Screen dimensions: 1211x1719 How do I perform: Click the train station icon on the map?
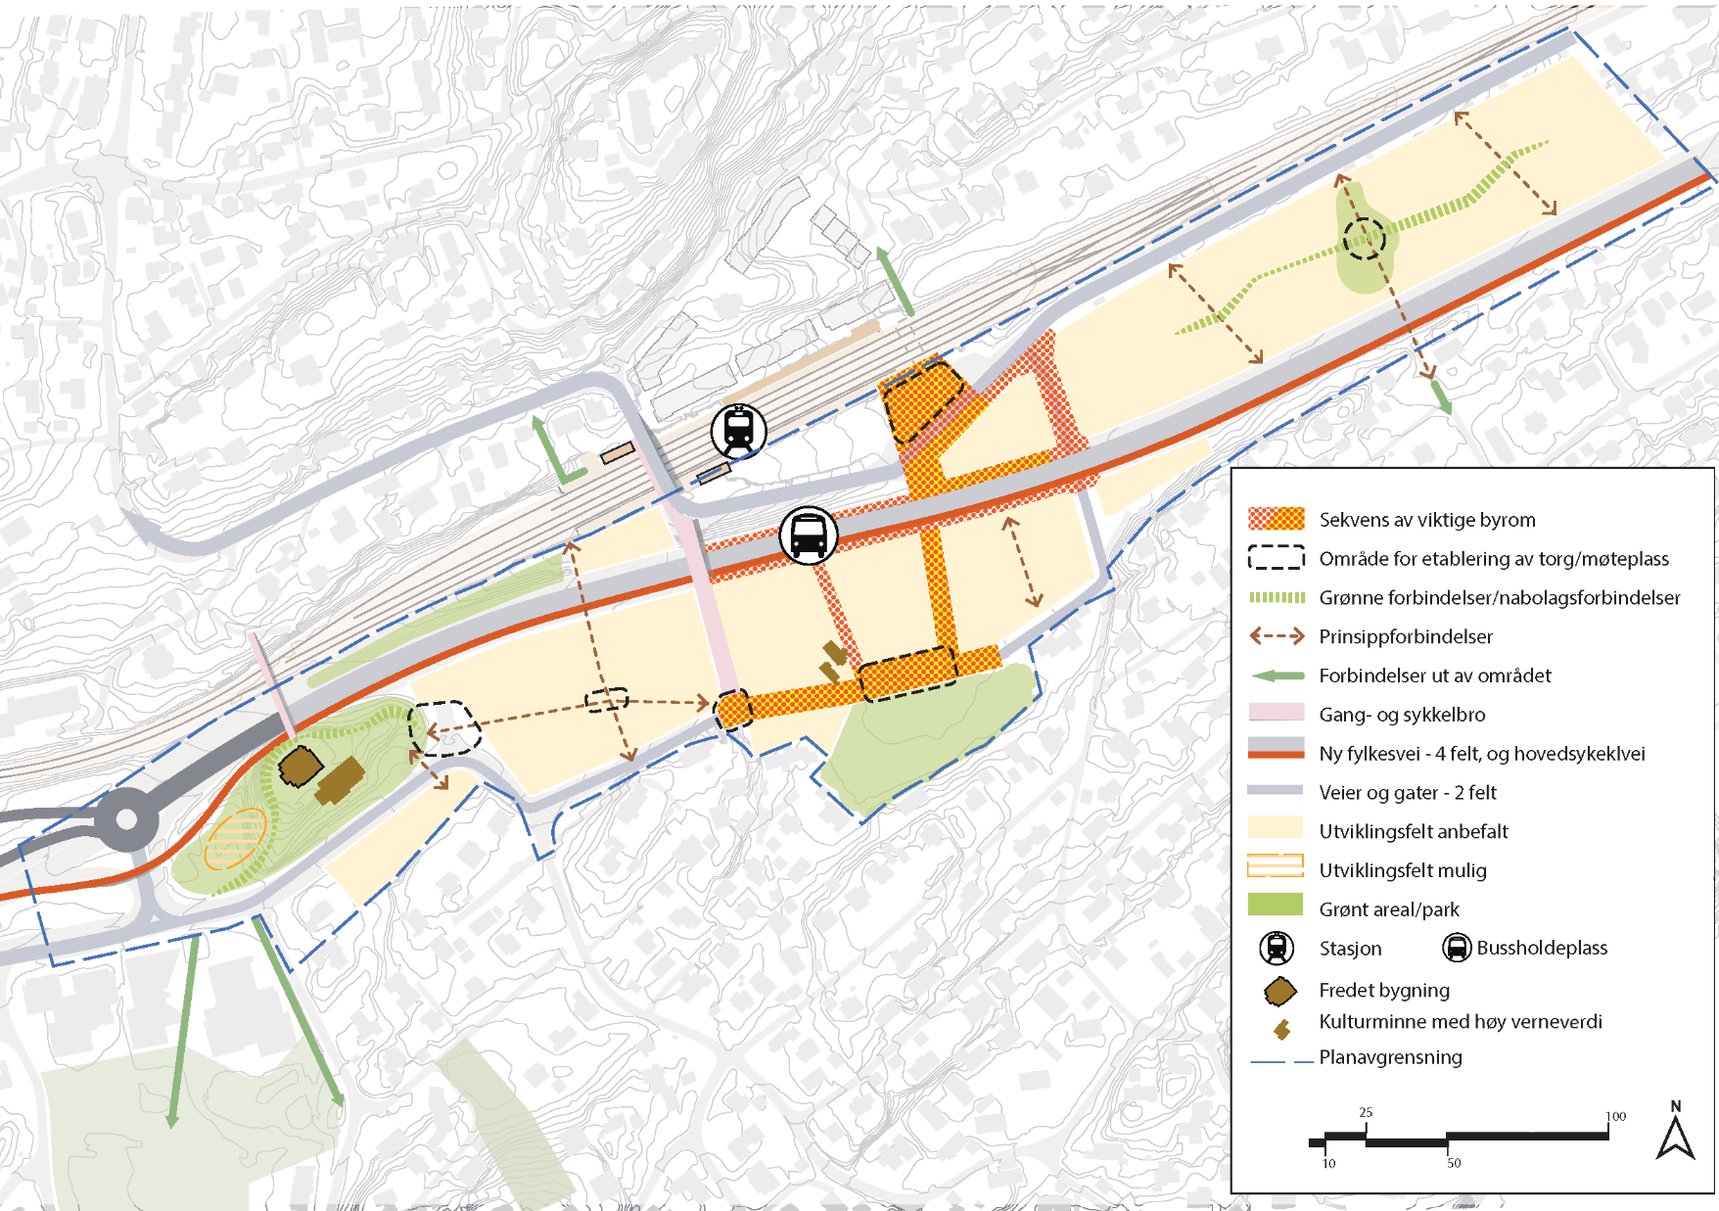tap(738, 431)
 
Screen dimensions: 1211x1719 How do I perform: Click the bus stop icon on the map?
tap(809, 536)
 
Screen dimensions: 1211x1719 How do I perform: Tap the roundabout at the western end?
tap(126, 820)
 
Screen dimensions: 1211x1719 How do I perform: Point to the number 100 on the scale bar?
tap(1616, 1116)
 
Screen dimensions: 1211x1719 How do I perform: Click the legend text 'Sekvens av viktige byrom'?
tap(1426, 520)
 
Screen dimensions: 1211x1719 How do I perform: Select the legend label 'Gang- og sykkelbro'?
tap(1402, 715)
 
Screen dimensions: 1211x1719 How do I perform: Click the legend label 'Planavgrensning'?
tap(1390, 1057)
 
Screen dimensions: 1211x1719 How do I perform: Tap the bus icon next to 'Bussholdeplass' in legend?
tap(1457, 948)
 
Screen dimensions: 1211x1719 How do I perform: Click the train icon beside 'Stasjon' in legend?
tap(1277, 948)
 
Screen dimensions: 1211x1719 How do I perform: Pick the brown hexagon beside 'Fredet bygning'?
tap(1279, 992)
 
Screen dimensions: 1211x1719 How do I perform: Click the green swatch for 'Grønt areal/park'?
tap(1276, 906)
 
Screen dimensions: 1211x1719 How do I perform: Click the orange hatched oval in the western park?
tap(236, 839)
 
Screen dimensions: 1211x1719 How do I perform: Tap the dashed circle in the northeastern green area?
tap(1364, 238)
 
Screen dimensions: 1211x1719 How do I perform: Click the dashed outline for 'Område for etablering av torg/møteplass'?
tap(1276, 558)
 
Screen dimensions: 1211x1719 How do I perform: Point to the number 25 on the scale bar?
tap(1366, 1112)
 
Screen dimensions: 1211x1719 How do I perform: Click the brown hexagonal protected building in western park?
tap(300, 767)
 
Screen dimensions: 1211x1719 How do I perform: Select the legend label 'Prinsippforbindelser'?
tap(1405, 636)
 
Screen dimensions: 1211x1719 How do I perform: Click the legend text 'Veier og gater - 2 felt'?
tap(1407, 792)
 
